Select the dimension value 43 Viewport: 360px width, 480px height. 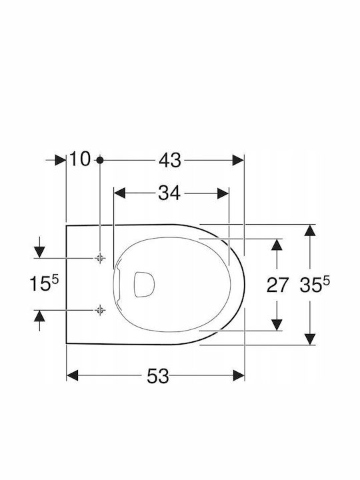(170, 160)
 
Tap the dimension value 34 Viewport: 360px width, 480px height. (169, 193)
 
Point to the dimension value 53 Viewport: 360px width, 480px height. (158, 376)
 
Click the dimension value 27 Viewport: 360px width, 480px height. (277, 285)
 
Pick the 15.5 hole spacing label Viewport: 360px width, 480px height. (44, 283)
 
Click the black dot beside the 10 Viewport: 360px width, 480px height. (100, 160)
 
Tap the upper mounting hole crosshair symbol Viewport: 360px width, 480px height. (99, 258)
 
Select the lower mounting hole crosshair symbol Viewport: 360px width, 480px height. (100, 311)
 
